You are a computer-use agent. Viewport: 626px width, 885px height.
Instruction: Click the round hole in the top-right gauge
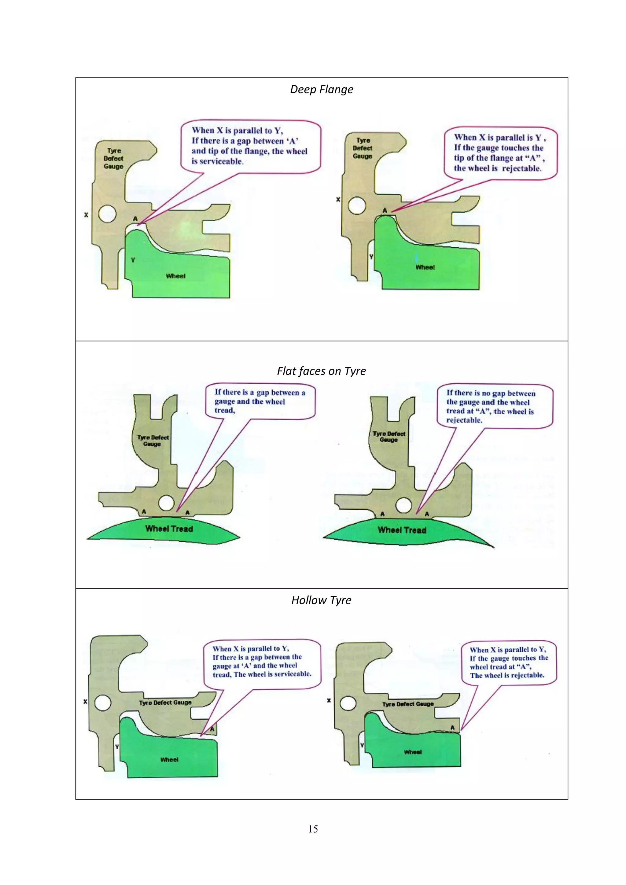(x=357, y=205)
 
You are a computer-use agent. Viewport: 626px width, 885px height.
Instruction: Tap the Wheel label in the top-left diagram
(x=175, y=276)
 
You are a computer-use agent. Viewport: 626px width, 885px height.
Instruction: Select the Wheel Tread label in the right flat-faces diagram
(x=402, y=530)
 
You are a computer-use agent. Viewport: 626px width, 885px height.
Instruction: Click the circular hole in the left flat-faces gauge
(x=166, y=503)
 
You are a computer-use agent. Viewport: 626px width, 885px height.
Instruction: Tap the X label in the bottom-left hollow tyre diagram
(x=85, y=702)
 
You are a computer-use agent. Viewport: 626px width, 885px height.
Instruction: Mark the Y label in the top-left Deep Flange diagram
(x=133, y=260)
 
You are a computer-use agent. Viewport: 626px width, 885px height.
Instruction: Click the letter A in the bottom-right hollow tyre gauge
(x=453, y=727)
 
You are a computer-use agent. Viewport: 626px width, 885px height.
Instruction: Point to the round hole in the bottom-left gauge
(x=103, y=703)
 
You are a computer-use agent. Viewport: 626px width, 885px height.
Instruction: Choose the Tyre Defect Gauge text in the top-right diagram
(x=362, y=148)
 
